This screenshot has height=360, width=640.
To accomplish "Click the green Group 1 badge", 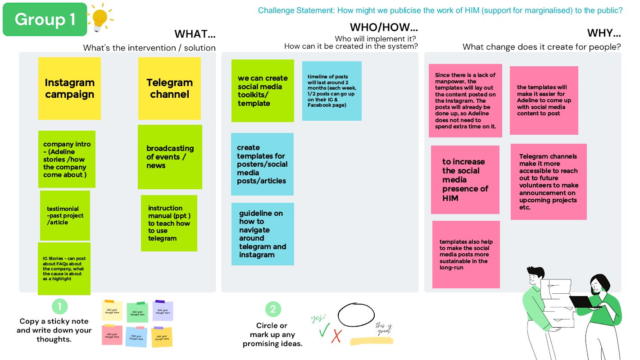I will tap(45, 19).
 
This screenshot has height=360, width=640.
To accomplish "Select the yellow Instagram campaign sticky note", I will tap(69, 88).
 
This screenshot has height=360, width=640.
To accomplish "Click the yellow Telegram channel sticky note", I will tap(169, 88).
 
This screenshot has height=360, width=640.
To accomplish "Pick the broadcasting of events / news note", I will tap(170, 157).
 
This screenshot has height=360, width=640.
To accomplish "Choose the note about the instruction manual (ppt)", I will tap(169, 223).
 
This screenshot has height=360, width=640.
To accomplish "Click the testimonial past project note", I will tap(65, 215).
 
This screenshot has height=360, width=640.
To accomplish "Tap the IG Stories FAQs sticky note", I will tap(64, 269).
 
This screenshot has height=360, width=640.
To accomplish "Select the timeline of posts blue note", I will tap(331, 91).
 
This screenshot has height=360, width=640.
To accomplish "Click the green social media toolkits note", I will tap(263, 91).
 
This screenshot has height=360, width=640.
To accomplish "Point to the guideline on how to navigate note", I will tap(263, 234).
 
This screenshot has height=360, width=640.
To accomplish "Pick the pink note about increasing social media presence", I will tap(465, 179).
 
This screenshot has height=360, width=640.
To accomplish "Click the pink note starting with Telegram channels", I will tap(548, 182).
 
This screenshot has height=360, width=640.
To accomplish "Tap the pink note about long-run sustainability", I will tap(466, 255).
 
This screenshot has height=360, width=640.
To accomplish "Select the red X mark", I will tap(336, 336).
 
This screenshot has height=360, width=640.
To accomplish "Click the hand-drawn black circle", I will tap(356, 315).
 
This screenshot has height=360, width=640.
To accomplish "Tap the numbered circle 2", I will tap(272, 309).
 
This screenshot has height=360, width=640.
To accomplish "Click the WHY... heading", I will tap(604, 33).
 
